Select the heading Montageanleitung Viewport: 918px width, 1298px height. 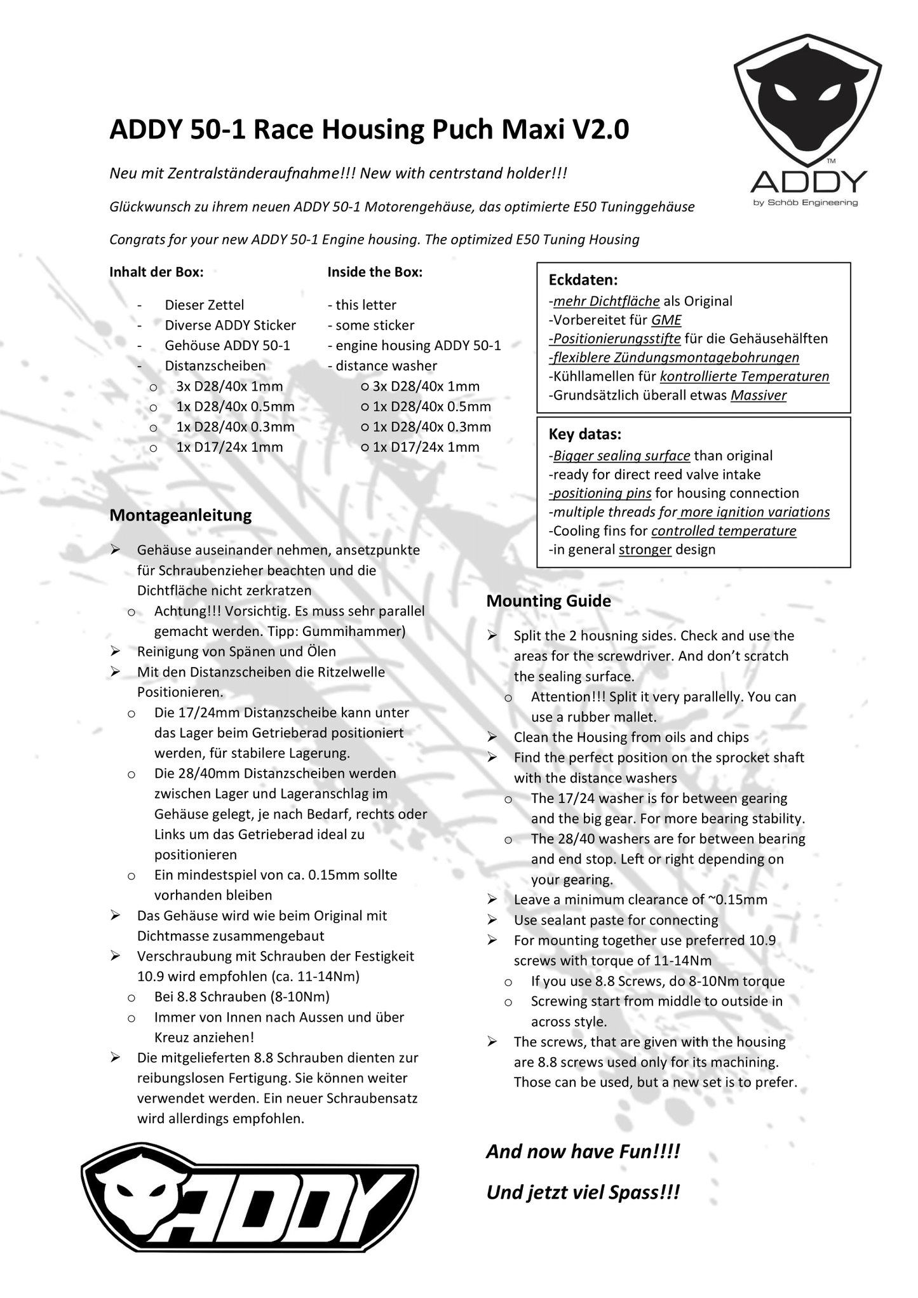tap(180, 515)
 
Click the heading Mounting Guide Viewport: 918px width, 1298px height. tap(548, 601)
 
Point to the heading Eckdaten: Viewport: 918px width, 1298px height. tap(583, 280)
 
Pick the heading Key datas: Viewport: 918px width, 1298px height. tap(584, 435)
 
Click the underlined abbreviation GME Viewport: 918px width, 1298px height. tap(666, 320)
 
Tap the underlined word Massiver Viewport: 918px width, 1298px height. tap(758, 395)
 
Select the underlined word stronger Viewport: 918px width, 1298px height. tap(645, 550)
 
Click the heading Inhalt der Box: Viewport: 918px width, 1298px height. tap(156, 272)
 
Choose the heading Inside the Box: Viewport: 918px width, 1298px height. tap(375, 272)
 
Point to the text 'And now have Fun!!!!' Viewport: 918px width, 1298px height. tap(583, 1152)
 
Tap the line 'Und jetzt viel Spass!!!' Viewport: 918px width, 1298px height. tap(583, 1193)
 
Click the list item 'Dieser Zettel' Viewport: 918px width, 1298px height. tap(204, 305)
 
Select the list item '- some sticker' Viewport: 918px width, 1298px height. tap(371, 325)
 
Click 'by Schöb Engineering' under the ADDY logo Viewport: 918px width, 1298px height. tap(805, 203)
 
